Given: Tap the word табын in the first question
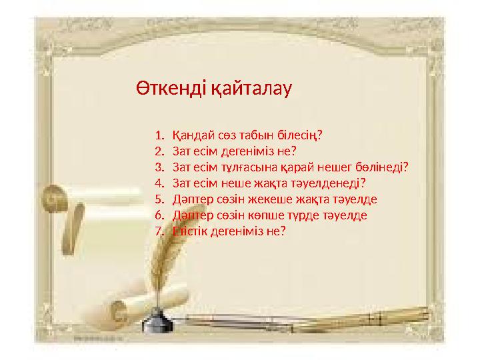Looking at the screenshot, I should [x=252, y=135].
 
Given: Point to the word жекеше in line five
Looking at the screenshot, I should [x=276, y=199].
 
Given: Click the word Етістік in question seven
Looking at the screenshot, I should [x=189, y=231].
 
